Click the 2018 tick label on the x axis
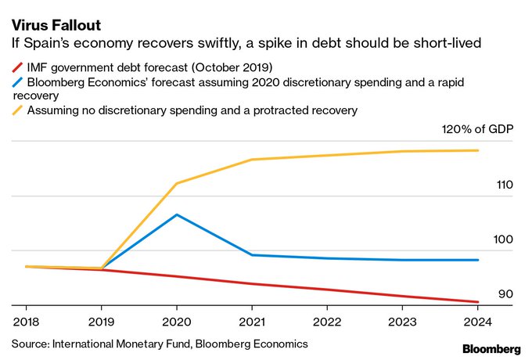tap(26, 321)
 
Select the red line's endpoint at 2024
tap(478, 302)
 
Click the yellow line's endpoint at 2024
tap(478, 150)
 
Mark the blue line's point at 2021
tap(251, 255)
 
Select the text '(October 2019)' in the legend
tap(233, 67)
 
